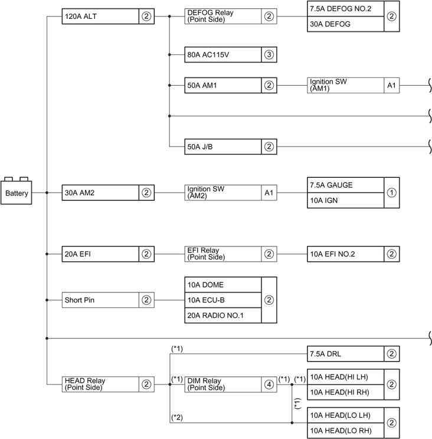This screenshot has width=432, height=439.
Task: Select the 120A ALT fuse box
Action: pos(100,17)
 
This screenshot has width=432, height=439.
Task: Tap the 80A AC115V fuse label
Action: pos(223,55)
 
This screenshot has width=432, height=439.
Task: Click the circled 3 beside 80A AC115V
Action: pos(269,55)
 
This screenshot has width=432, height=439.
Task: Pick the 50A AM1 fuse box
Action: pos(223,85)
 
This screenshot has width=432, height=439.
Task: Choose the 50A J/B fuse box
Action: pos(223,146)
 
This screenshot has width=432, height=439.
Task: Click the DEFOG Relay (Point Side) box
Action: pos(223,17)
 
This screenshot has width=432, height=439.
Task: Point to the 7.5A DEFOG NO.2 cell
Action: pos(345,9)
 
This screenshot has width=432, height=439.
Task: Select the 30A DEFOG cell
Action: pos(345,24)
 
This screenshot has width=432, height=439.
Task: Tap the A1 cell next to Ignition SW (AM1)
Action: pos(392,85)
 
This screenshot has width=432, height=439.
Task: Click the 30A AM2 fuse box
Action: pos(100,192)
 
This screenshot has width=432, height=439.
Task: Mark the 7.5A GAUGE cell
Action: pos(345,184)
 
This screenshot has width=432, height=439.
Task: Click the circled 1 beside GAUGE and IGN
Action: pos(392,192)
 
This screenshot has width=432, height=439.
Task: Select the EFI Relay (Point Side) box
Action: pos(223,253)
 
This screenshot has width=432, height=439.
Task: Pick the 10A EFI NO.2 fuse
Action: pos(345,253)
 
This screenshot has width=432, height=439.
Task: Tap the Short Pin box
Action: pos(100,300)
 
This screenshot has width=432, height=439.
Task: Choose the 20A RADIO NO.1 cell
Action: pos(223,315)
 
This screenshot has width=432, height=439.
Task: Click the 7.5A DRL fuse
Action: pos(345,354)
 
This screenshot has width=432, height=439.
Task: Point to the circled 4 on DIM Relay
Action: pos(269,384)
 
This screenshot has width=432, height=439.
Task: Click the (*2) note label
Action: pos(177,417)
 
